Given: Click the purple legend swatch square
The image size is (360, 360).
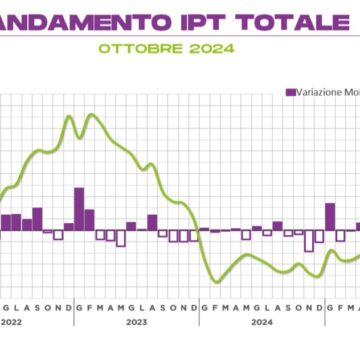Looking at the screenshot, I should point(291,92).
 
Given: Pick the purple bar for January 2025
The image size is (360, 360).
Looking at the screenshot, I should point(330,216).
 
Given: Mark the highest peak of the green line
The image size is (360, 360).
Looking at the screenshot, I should point(92,115).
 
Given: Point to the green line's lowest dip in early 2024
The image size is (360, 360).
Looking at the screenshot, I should point(214,280).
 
